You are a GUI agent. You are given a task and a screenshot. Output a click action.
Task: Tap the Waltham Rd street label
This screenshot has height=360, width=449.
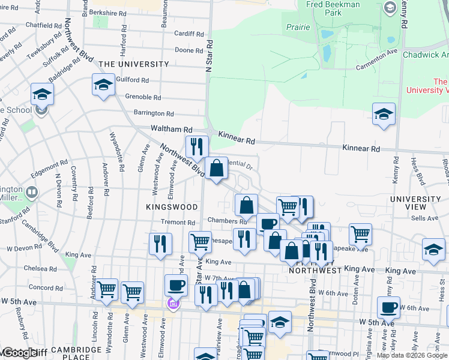(171, 129)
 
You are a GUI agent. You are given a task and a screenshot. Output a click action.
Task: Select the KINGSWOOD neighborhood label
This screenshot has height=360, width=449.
(172, 207)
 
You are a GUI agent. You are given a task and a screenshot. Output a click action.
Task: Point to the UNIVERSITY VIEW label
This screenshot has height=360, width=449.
(415, 203)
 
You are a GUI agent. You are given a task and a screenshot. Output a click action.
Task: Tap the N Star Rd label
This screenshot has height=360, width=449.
(209, 57)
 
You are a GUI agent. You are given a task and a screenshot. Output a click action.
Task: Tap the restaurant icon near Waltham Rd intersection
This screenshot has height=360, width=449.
(197, 146)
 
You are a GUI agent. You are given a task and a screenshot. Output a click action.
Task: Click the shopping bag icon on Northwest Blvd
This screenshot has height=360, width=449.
(216, 169)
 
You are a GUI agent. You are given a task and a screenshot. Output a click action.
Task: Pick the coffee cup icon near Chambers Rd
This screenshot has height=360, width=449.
(268, 224)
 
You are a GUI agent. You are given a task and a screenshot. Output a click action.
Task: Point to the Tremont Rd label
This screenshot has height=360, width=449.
(175, 222)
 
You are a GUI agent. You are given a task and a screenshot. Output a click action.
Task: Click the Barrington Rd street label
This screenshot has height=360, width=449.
(154, 113)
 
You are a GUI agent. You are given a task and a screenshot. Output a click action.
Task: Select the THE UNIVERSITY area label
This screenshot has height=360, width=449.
(134, 64)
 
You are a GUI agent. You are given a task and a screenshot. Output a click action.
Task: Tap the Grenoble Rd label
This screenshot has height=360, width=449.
(143, 97)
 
